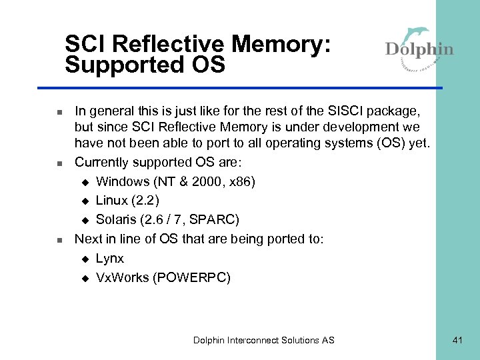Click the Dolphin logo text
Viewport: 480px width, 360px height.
click(419, 50)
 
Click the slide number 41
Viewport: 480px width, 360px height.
click(457, 340)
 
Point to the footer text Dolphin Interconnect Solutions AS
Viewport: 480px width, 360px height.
click(264, 340)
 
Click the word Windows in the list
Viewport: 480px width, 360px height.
click(123, 181)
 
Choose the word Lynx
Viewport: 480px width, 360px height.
click(110, 258)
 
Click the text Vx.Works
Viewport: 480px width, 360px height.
click(122, 277)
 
